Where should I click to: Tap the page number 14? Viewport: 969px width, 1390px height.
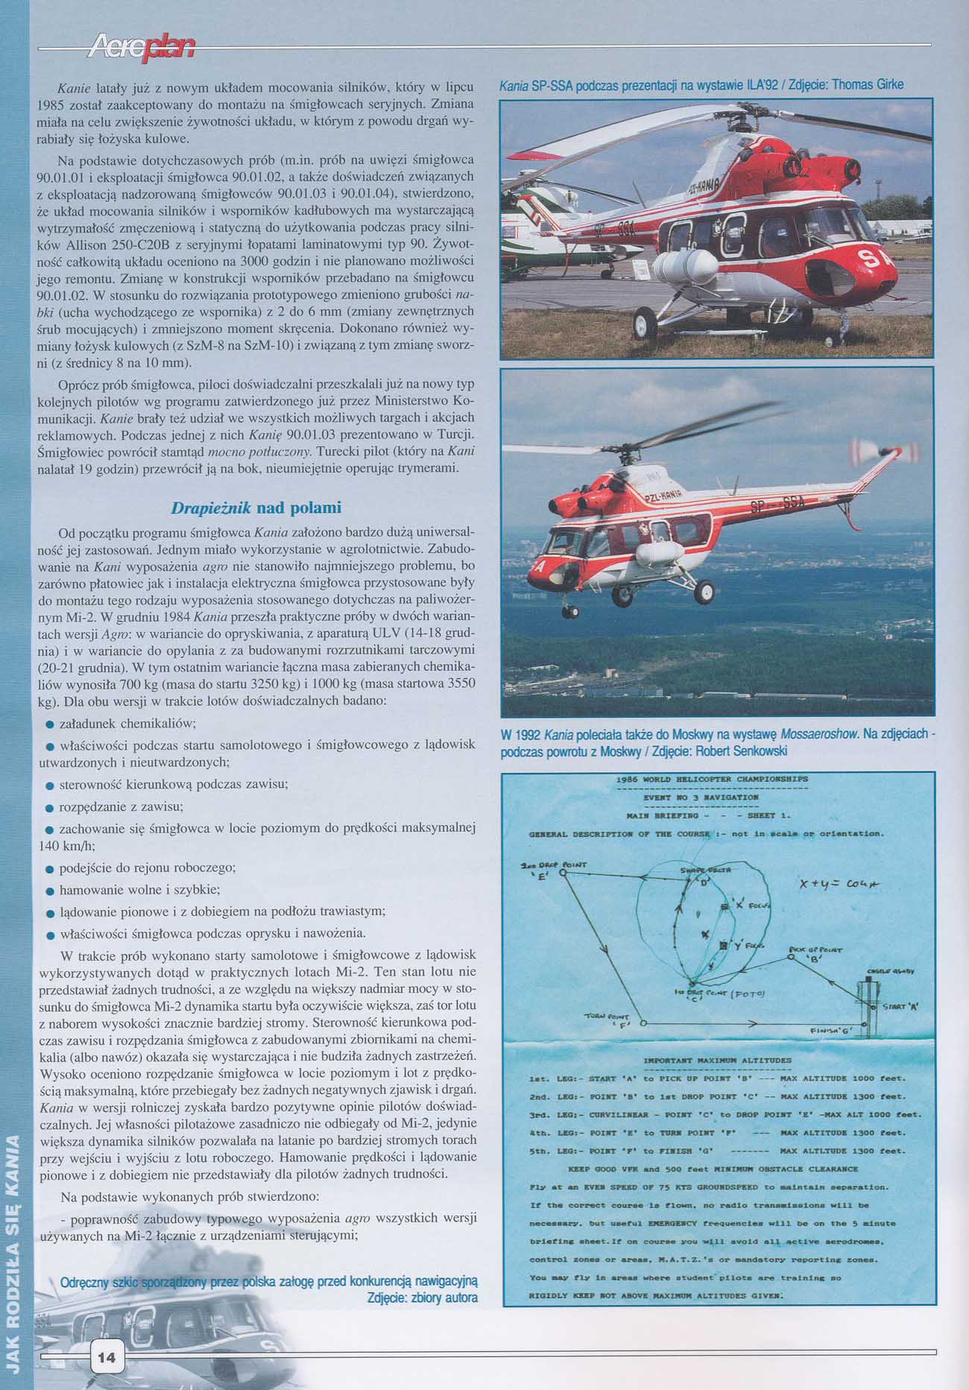(106, 1357)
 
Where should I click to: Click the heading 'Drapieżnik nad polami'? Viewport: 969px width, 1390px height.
(256, 508)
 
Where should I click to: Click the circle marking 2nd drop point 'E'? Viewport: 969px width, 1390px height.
(563, 871)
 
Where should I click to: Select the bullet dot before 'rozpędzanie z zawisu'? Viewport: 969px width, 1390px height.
(49, 807)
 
